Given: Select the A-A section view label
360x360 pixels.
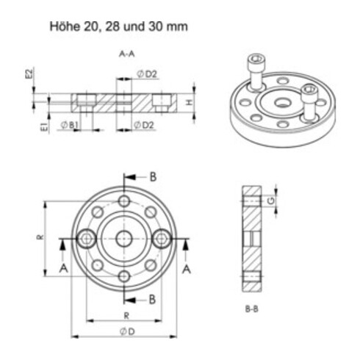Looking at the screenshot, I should (126, 54).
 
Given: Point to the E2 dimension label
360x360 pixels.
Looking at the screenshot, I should (28, 76).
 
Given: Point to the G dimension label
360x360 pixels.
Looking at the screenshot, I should (272, 200).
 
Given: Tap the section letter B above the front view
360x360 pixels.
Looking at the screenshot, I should (153, 176).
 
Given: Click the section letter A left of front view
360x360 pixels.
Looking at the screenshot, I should (64, 269).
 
